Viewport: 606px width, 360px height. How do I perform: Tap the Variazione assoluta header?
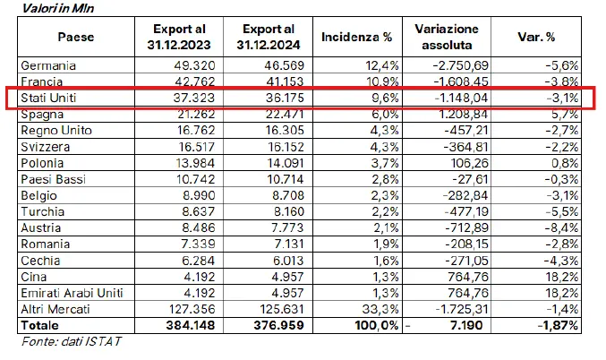[447, 37]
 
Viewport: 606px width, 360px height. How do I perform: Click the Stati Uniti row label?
[50, 98]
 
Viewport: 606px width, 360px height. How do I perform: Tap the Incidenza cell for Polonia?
[376, 162]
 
